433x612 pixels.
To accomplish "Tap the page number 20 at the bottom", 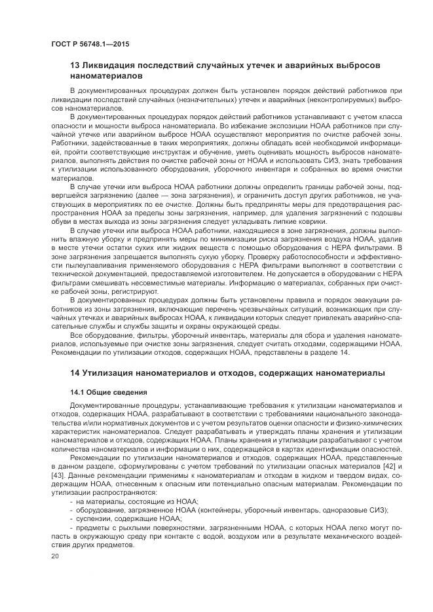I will coord(54,556).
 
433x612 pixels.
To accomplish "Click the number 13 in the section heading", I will coord(75,66).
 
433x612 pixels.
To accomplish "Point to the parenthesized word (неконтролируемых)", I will coord(341,99).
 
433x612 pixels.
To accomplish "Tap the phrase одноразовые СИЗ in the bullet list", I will coord(358,508).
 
